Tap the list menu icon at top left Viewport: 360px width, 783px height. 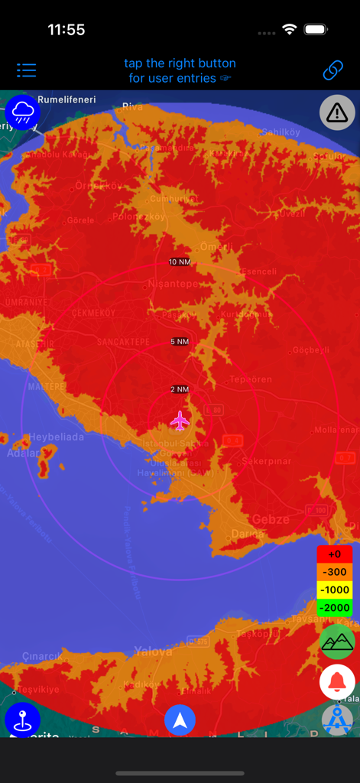pyautogui.click(x=27, y=70)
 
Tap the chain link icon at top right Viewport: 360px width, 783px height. pyautogui.click(x=332, y=70)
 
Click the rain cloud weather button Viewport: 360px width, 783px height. pyautogui.click(x=21, y=112)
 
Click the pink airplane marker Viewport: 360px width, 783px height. pyautogui.click(x=180, y=420)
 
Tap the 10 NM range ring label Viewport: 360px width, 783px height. pyautogui.click(x=179, y=262)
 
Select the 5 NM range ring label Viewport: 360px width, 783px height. pyautogui.click(x=179, y=341)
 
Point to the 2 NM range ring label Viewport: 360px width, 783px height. pyautogui.click(x=179, y=389)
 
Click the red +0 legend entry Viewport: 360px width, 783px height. pyautogui.click(x=335, y=554)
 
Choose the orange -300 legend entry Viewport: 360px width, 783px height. pyautogui.click(x=335, y=572)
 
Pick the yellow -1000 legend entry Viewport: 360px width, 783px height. pyautogui.click(x=335, y=590)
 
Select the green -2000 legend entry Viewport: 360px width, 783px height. pyautogui.click(x=335, y=607)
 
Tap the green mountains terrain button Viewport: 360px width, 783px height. pyautogui.click(x=337, y=642)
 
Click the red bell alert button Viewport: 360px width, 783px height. pyautogui.click(x=337, y=681)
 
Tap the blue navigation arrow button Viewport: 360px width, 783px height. pyautogui.click(x=180, y=720)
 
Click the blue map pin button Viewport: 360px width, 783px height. pyautogui.click(x=22, y=720)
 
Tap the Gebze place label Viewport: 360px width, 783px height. pyautogui.click(x=271, y=519)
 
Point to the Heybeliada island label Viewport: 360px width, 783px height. pyautogui.click(x=57, y=437)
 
